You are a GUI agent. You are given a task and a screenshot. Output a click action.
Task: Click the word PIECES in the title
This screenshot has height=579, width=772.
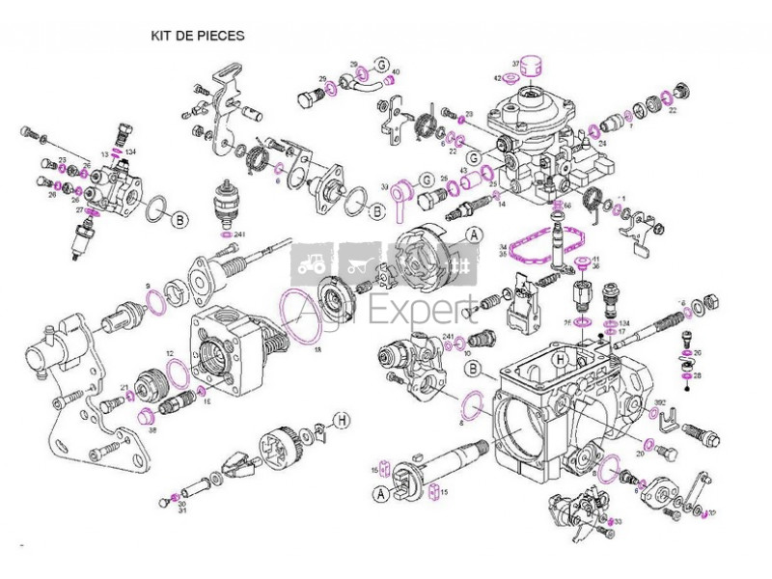click(x=223, y=34)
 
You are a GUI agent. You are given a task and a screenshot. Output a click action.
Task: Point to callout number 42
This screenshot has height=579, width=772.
click(x=498, y=78)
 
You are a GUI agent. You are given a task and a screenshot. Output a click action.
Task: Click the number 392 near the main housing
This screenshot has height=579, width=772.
click(x=659, y=402)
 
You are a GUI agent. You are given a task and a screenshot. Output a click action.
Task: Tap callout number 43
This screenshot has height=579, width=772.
click(x=463, y=171)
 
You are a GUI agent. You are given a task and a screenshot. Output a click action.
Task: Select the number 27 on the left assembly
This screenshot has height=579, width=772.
click(x=79, y=209)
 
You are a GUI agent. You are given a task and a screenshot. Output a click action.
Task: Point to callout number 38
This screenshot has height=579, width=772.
click(x=152, y=430)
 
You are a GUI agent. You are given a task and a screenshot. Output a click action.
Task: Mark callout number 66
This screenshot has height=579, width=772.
click(x=567, y=206)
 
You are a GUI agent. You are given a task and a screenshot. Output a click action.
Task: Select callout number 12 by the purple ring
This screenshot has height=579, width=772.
click(x=170, y=354)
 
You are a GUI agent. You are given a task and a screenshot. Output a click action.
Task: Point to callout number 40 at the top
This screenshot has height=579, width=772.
click(x=396, y=72)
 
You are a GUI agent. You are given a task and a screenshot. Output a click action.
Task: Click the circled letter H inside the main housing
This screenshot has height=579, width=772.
click(x=559, y=359)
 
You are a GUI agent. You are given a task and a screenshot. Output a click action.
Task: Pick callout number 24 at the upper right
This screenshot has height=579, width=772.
click(x=602, y=143)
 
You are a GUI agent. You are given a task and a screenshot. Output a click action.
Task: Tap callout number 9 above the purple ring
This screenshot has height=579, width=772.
click(x=148, y=288)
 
